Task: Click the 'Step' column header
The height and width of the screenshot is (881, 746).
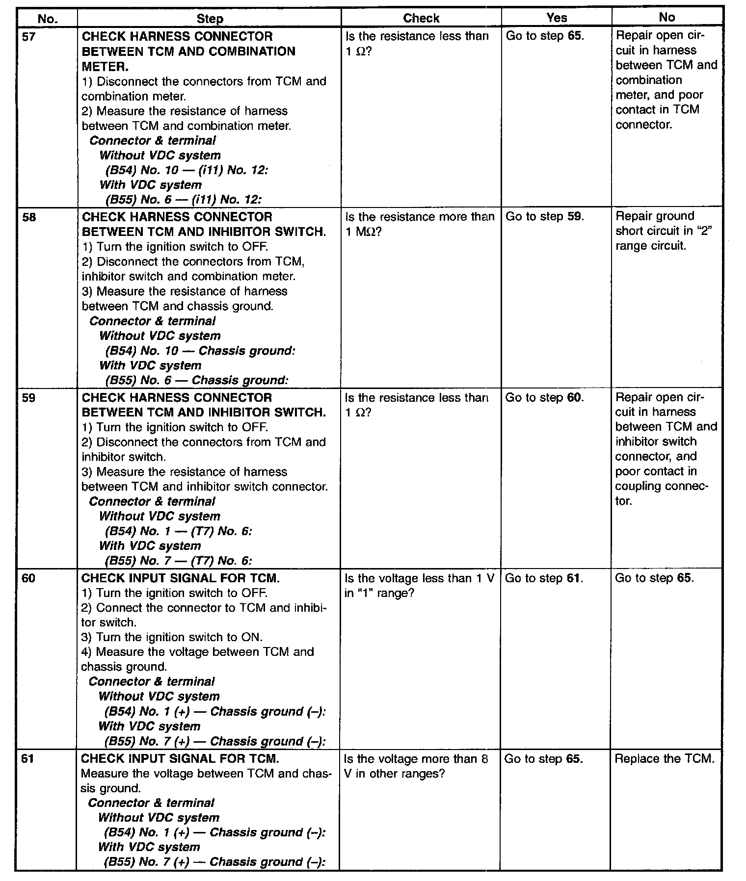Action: tap(210, 19)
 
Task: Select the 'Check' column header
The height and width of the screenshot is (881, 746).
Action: tap(421, 18)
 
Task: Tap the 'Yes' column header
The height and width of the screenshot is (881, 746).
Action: tap(557, 18)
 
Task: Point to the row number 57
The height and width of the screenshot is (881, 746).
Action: tap(29, 36)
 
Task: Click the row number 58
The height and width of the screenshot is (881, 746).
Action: tap(29, 217)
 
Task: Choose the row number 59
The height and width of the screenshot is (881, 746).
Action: tap(29, 397)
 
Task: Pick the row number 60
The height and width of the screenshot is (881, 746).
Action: tap(29, 578)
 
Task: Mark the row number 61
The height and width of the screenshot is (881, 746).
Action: tap(29, 758)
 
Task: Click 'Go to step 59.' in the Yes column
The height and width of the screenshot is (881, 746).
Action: tap(545, 216)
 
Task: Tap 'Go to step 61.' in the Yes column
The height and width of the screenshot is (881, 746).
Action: tap(544, 578)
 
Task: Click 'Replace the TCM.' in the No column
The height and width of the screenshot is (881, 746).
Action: tap(665, 758)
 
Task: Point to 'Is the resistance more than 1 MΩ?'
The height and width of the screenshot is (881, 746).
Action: tap(420, 224)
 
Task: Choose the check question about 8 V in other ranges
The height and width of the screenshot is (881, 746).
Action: tap(417, 766)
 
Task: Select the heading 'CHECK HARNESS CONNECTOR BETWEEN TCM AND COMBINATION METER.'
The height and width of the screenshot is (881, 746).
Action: tap(188, 51)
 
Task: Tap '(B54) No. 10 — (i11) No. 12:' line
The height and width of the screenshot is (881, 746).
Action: tap(186, 170)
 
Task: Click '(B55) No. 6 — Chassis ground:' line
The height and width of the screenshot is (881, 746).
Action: tap(196, 380)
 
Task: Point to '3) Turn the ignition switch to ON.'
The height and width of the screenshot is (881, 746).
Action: tap(172, 637)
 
